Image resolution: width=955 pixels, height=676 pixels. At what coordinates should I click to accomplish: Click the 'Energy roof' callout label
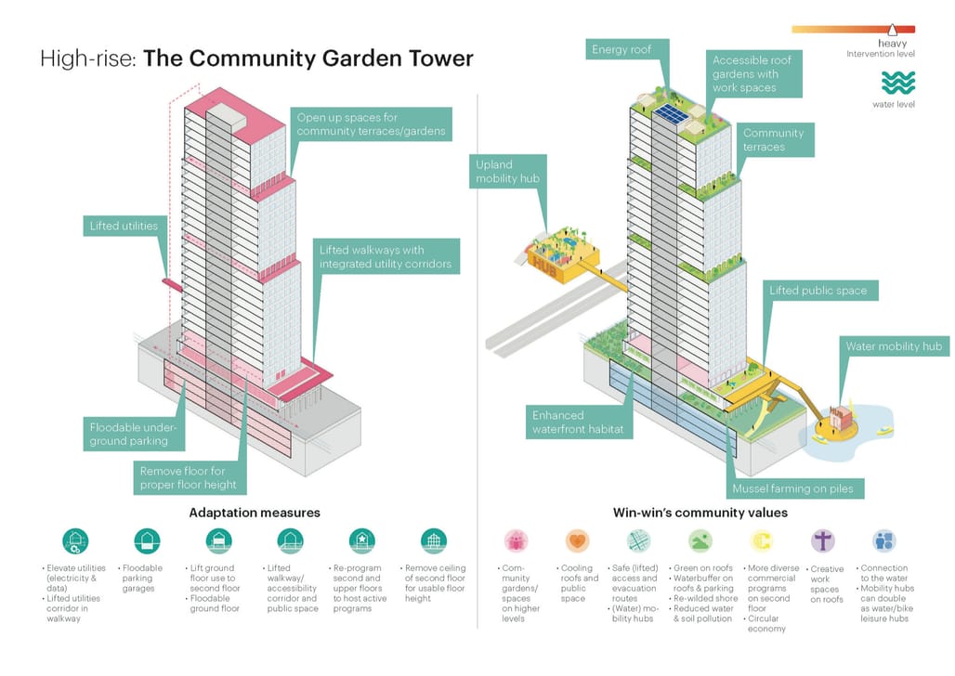coord(621,50)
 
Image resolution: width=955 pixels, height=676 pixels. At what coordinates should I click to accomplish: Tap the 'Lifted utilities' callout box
coord(123,225)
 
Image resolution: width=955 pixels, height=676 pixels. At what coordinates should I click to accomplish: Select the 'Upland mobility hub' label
coord(506,172)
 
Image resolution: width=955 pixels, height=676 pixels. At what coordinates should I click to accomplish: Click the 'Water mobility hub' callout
coord(893,346)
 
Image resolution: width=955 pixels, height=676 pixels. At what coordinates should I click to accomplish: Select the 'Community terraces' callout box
coord(772,140)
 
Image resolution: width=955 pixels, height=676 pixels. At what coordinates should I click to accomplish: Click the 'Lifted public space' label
coord(818,291)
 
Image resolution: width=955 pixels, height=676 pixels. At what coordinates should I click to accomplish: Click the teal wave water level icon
coord(897,84)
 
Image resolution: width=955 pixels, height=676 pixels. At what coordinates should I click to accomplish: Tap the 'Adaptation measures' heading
coord(255,513)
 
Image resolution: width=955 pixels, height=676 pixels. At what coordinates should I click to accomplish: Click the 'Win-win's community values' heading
coord(700,513)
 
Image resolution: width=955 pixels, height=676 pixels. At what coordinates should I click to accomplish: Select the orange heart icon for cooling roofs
coord(576,540)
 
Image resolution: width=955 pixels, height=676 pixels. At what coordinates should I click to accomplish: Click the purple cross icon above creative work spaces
coord(823,540)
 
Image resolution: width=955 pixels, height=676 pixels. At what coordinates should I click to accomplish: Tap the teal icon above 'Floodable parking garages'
coord(147,540)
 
